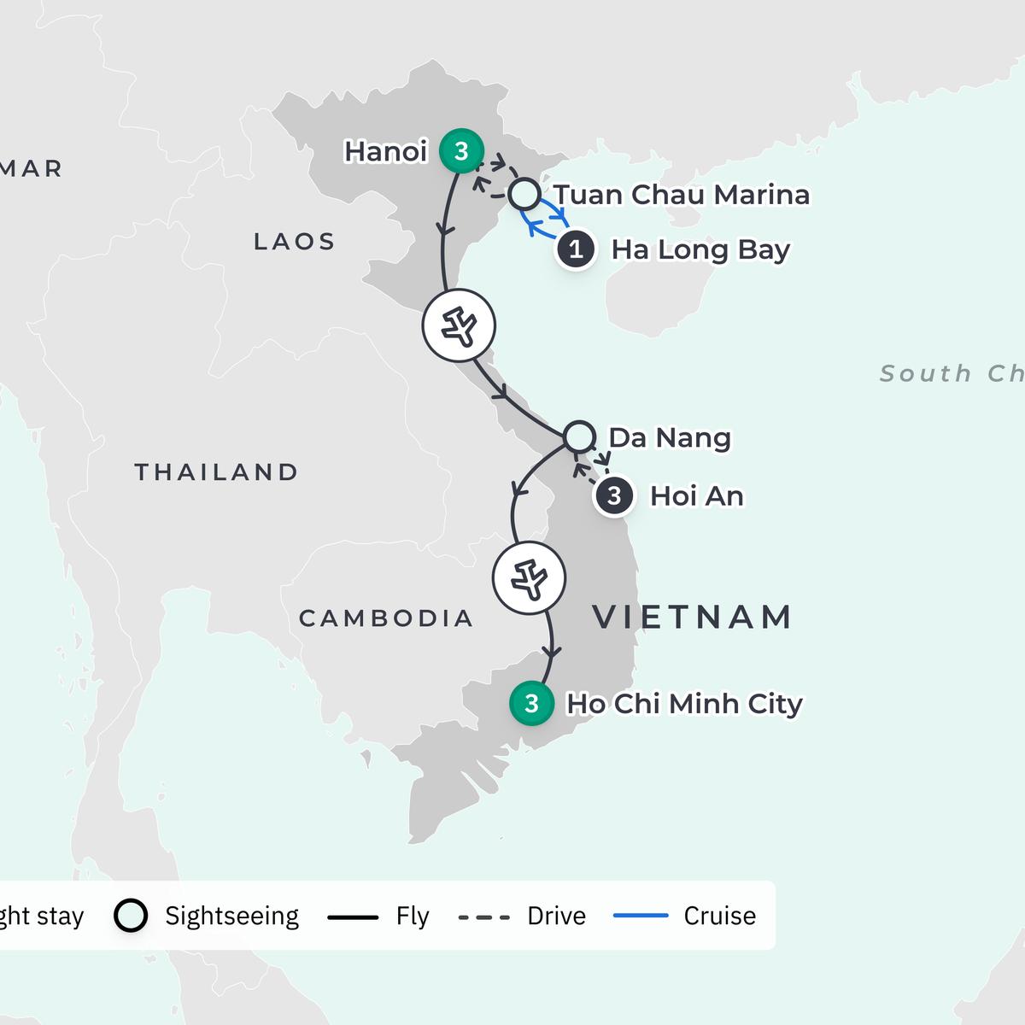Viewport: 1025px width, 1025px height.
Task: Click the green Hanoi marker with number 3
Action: pyautogui.click(x=461, y=151)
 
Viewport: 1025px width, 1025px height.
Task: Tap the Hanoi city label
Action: pyautogui.click(x=385, y=151)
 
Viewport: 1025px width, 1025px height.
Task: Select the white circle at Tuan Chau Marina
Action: pyautogui.click(x=524, y=195)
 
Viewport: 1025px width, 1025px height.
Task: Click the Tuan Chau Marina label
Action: pyautogui.click(x=682, y=195)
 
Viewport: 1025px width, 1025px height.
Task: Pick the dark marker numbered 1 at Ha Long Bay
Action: pyautogui.click(x=577, y=249)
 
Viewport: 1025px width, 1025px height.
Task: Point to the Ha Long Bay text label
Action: pyautogui.click(x=700, y=249)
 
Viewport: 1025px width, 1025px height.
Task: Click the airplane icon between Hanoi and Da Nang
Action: pyautogui.click(x=460, y=326)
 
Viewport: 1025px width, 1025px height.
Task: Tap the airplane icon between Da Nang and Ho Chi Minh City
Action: pyautogui.click(x=530, y=578)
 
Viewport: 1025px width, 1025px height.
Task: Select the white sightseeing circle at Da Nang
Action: pyautogui.click(x=579, y=436)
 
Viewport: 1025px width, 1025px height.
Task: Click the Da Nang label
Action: pyautogui.click(x=670, y=437)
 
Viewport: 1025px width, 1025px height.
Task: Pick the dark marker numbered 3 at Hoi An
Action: pyautogui.click(x=614, y=496)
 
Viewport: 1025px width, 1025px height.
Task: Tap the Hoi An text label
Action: pyautogui.click(x=696, y=496)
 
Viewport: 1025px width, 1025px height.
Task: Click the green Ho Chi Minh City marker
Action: pyautogui.click(x=531, y=703)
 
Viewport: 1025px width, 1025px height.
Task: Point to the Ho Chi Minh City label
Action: pyautogui.click(x=684, y=704)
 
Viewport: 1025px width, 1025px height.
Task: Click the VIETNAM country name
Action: pyautogui.click(x=693, y=617)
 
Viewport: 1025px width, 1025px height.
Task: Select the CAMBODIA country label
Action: pyautogui.click(x=386, y=618)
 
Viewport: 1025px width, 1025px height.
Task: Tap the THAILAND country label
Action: pyautogui.click(x=217, y=471)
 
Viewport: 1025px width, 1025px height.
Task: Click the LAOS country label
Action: pyautogui.click(x=295, y=242)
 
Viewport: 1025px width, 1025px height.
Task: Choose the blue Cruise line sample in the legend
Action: pyautogui.click(x=641, y=916)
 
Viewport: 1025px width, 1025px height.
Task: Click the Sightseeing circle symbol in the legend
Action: pyautogui.click(x=131, y=916)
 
